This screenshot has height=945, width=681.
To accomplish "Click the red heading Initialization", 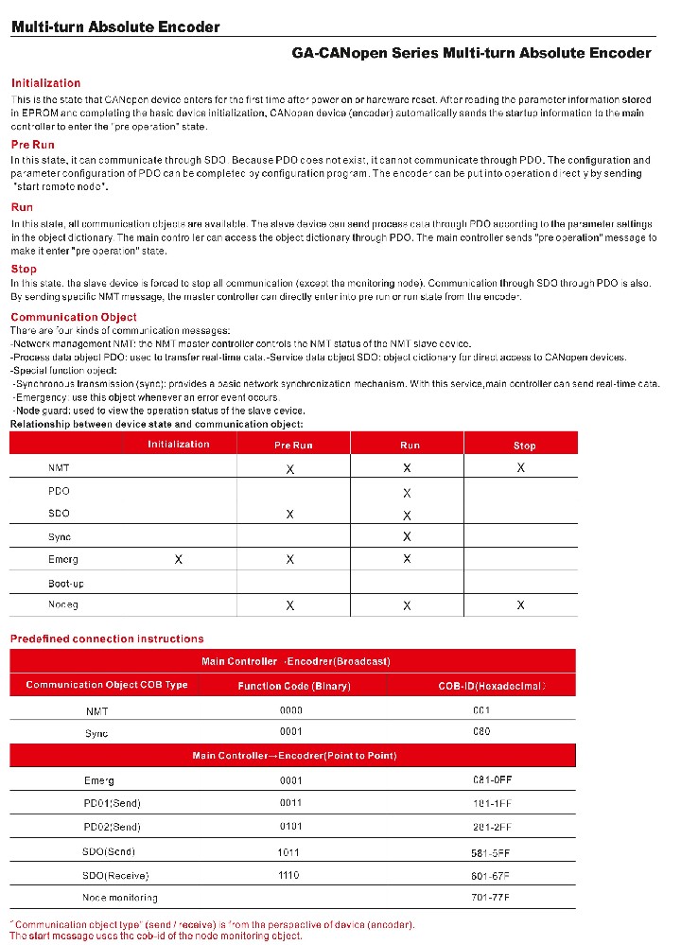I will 45,83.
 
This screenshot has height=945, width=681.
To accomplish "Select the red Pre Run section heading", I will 33,145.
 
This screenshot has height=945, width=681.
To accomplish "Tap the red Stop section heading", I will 24,269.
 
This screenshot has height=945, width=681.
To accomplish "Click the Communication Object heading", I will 73,317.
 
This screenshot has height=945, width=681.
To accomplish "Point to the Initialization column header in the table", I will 179,445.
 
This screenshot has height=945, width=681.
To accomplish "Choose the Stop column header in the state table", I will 524,446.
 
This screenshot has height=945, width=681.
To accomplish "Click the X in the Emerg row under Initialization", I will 179,560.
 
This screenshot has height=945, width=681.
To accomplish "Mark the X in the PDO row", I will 407,493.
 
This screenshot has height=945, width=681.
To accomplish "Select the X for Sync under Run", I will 407,536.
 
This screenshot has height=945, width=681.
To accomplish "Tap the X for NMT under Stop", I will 521,468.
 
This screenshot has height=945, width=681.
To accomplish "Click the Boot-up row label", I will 65,582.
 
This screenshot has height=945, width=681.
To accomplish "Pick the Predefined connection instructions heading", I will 107,639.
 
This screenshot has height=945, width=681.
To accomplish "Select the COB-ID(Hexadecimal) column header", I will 492,686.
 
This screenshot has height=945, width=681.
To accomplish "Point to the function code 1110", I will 288,876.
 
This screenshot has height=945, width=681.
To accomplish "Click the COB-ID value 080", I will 481,732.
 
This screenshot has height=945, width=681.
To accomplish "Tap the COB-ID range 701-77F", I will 491,897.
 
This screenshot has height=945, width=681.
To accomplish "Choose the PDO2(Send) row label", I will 112,827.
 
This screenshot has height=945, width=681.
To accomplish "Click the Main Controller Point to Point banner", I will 294,756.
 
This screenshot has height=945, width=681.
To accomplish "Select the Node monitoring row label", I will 119,898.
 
